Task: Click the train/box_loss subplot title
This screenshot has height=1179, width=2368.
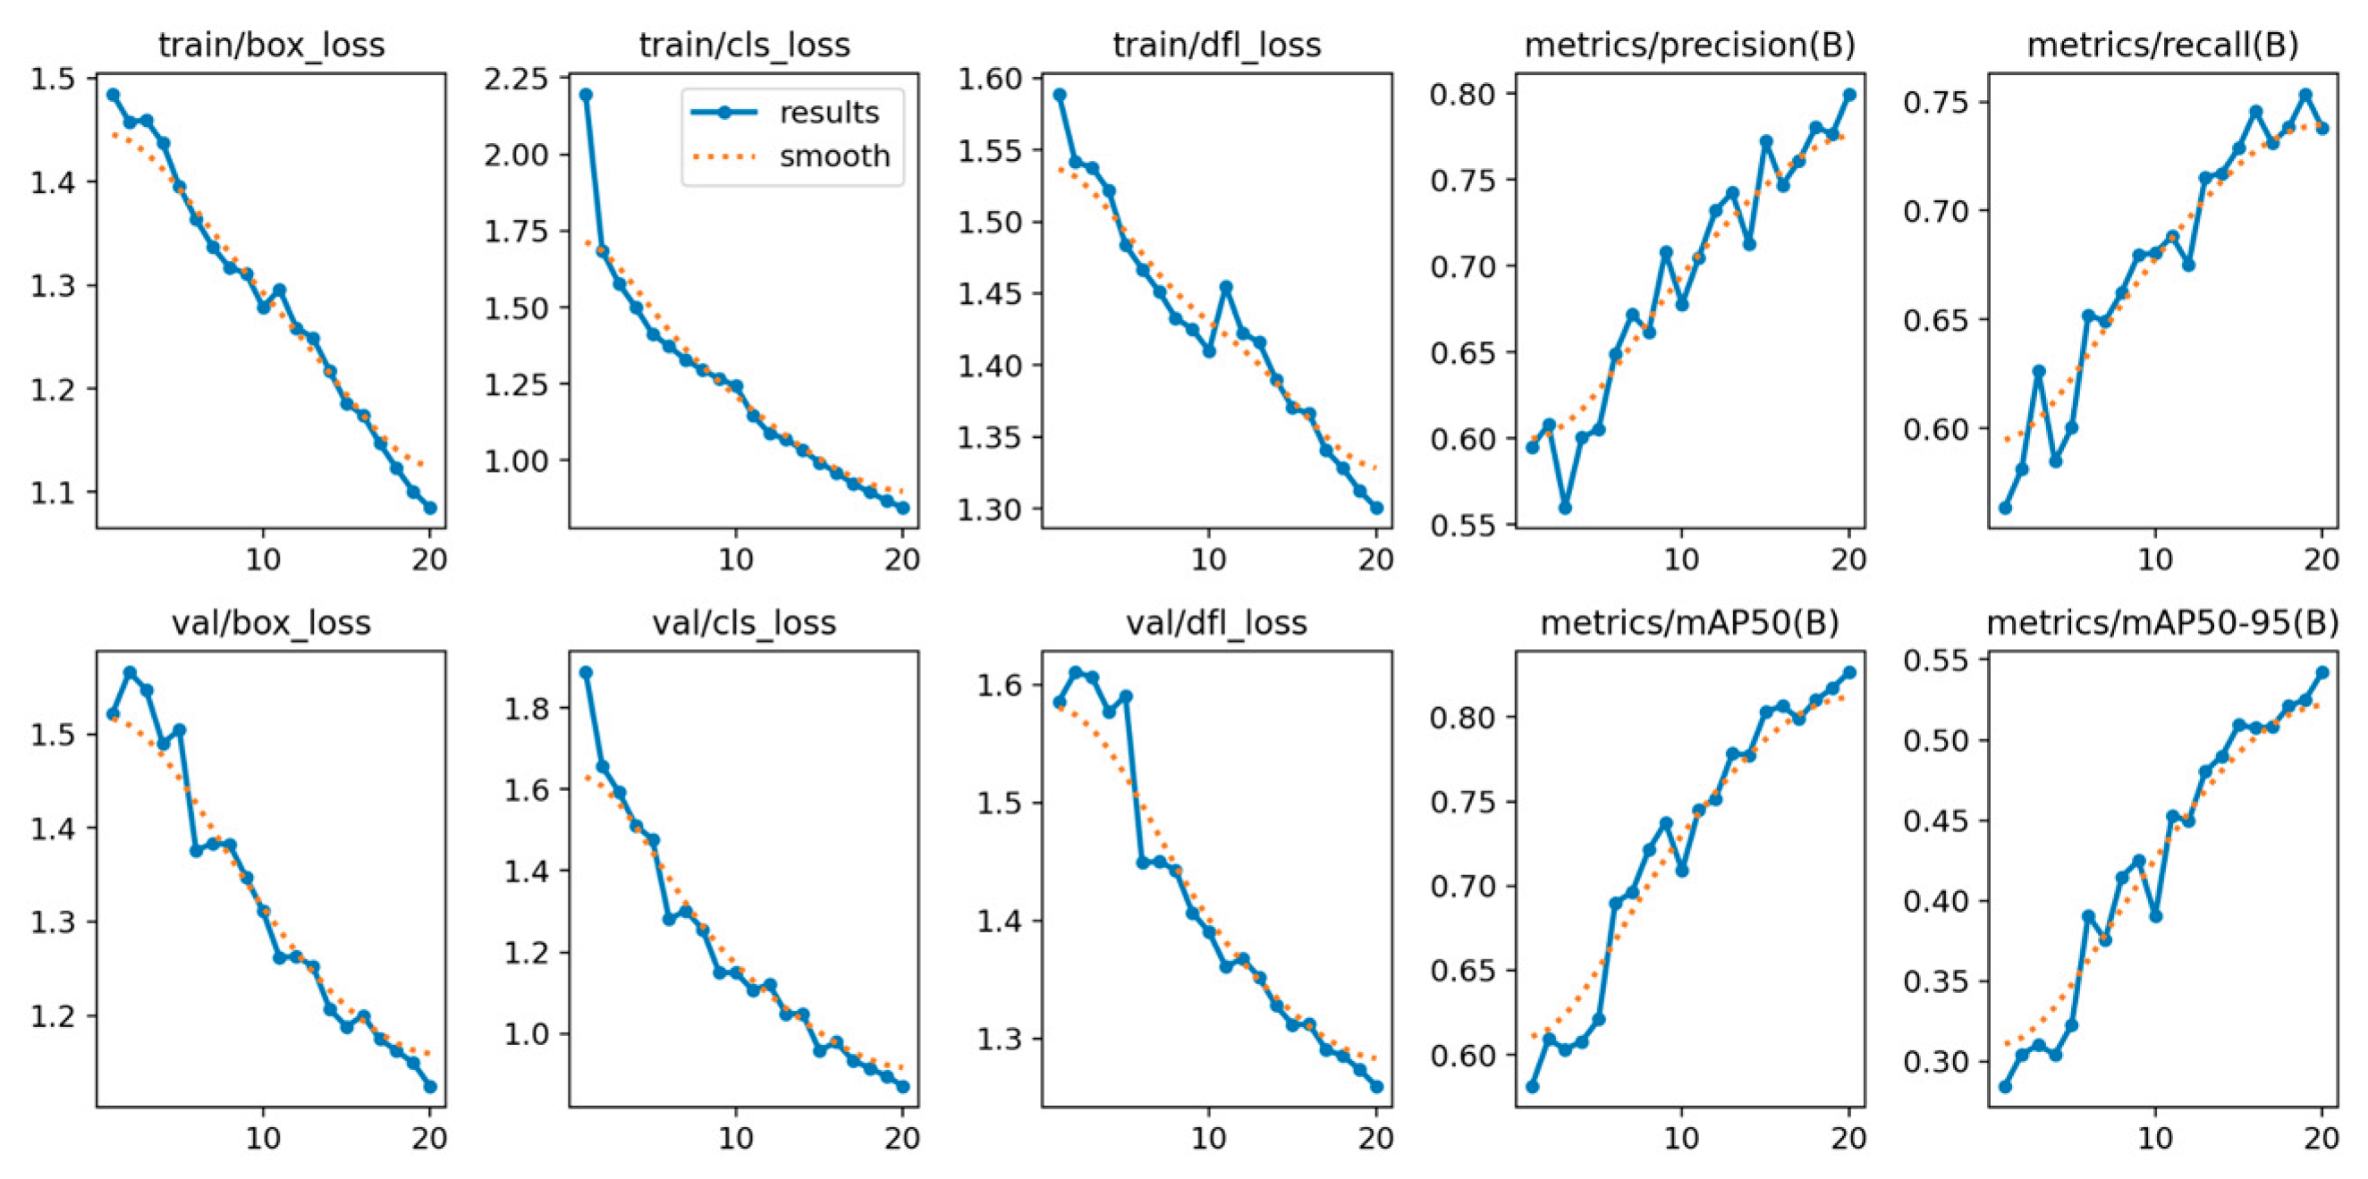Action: click(x=271, y=44)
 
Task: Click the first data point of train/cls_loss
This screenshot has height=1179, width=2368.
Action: click(x=586, y=95)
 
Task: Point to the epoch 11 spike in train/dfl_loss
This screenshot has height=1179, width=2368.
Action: click(x=1225, y=287)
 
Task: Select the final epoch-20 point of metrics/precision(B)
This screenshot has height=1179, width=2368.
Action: click(x=1849, y=95)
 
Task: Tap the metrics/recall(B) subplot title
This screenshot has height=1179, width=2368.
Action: click(x=2162, y=44)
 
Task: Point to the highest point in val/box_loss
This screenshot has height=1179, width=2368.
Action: click(x=130, y=673)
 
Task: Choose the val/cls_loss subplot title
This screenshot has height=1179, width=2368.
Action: click(x=744, y=623)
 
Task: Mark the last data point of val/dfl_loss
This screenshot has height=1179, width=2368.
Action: click(x=1376, y=1086)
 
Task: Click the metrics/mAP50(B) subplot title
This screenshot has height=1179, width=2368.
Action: click(x=1688, y=623)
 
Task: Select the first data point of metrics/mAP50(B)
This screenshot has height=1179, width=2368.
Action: click(x=1532, y=1086)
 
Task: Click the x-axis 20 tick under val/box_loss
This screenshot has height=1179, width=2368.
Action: click(x=429, y=1138)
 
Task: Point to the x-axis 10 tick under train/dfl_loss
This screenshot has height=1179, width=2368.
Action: click(x=1208, y=560)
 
